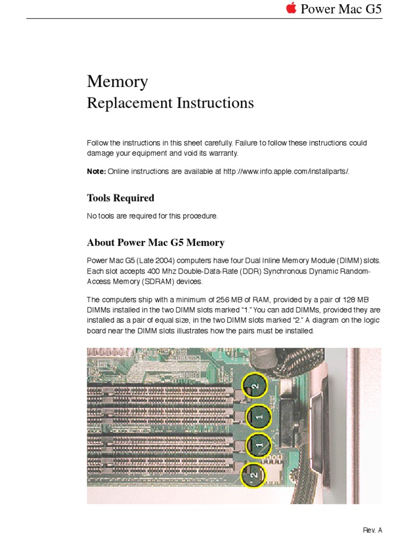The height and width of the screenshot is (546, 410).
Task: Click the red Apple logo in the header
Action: (x=291, y=9)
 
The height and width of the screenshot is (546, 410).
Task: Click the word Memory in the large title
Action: (x=117, y=82)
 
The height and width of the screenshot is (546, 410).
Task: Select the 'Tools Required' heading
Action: (x=121, y=198)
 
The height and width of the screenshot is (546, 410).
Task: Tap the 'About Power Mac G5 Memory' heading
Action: (x=155, y=243)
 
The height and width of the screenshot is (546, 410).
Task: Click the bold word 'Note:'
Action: (x=96, y=171)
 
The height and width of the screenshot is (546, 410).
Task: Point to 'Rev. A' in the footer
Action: (x=373, y=530)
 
